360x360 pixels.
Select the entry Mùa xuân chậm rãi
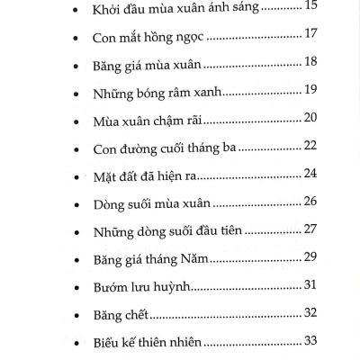tap(149, 120)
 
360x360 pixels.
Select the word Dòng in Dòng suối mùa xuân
tap(112, 203)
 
